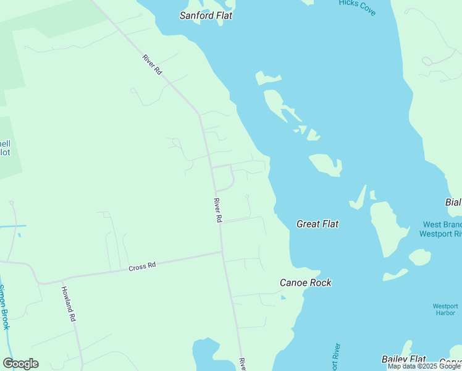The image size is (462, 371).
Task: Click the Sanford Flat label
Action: pos(206,15)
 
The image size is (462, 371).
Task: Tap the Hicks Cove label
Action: pos(357,7)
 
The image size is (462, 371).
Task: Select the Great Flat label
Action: pos(317,224)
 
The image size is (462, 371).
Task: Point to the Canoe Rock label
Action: pos(306,283)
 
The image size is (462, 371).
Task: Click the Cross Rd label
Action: pos(142,267)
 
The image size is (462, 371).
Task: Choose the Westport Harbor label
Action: pos(445,309)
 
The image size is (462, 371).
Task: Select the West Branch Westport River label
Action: pos(441,229)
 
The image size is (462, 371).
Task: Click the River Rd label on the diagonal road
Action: pos(152,65)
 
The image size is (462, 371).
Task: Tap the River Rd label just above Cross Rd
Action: pos(217,210)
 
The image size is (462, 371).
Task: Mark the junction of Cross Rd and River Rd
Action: pos(222,252)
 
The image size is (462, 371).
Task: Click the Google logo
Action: pos(20,364)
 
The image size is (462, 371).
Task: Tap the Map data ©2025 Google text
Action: pos(424,366)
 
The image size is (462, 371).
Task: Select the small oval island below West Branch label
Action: pos(419,257)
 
